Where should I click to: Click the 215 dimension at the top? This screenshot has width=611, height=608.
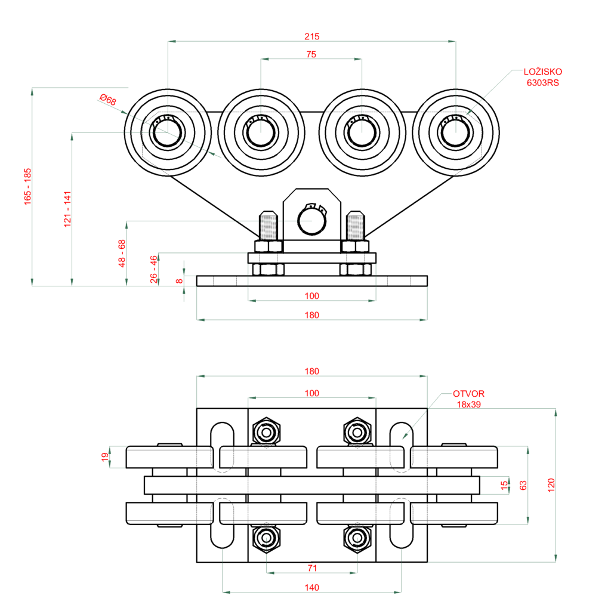(311, 36)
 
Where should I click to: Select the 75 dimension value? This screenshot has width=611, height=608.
(311, 54)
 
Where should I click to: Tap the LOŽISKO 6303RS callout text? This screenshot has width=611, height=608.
(542, 78)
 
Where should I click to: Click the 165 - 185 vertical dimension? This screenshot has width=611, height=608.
(27, 187)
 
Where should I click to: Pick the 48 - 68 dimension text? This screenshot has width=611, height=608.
(122, 253)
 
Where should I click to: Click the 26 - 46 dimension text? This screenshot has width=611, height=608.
(154, 269)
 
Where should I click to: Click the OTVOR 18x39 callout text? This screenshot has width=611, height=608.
(468, 399)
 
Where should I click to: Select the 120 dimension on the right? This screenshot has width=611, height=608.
(551, 484)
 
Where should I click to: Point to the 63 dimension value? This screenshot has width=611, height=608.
(523, 485)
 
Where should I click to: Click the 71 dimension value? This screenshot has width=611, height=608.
(311, 567)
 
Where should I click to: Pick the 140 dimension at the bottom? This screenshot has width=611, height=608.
(311, 587)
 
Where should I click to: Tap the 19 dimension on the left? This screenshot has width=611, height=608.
(105, 457)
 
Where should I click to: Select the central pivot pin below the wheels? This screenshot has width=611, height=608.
(312, 223)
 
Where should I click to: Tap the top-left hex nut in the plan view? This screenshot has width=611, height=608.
(266, 431)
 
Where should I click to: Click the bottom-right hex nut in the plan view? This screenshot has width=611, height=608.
(357, 538)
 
